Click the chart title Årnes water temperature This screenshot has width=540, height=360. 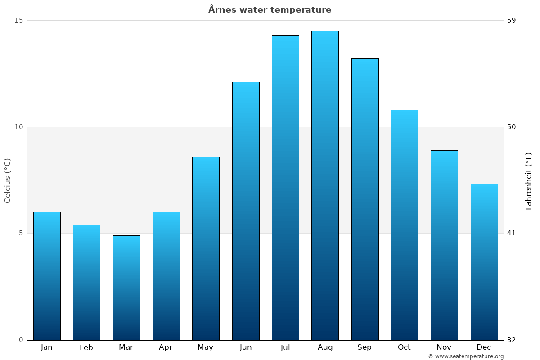coord(270,10)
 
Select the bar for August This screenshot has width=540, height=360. coord(325,185)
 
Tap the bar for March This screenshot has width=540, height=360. coord(126,288)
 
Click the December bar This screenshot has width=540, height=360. coord(484,262)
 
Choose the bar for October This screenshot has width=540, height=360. coord(405,225)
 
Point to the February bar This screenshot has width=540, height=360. coord(86,282)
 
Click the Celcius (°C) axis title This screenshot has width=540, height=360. coord(7,180)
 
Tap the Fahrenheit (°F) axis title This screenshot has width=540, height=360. coord(528,180)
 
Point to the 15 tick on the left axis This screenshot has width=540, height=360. coord(18,20)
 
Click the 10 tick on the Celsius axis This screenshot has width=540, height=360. coord(18,127)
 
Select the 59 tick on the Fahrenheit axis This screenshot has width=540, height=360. coord(511,20)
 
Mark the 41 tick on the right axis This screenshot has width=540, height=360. coord(511,233)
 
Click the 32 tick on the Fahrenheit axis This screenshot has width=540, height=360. coord(511,340)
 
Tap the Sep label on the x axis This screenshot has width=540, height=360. coord(364,347)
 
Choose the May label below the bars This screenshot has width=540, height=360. coord(206,347)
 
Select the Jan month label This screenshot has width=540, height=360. coord(47,347)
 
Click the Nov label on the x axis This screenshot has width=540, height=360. coord(444,347)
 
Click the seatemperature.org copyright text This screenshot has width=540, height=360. coord(466,356)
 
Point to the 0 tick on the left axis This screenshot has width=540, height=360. coord(21,340)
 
